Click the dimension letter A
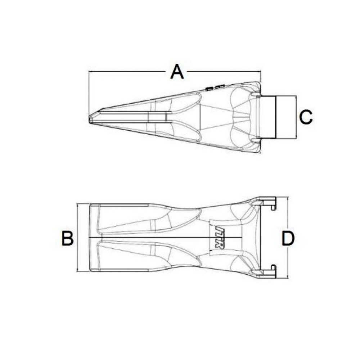177,72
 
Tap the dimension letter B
67,238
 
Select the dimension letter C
306,117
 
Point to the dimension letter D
288,239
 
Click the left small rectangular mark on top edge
209,87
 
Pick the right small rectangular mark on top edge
220,86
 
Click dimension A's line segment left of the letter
130,72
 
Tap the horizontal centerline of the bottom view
162,238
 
